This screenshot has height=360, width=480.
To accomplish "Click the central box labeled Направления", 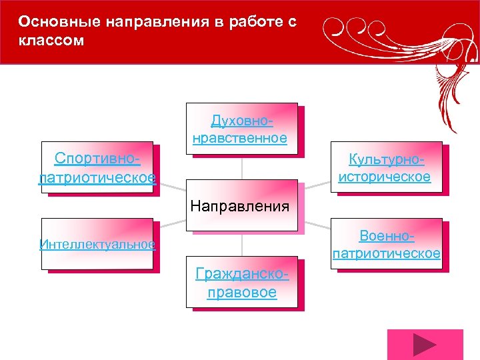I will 240,206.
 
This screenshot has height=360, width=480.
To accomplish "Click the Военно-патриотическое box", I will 386,244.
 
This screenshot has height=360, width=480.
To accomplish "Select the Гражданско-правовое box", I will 241,283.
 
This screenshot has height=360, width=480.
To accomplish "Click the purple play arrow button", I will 424,345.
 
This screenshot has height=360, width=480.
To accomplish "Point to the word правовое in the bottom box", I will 241,293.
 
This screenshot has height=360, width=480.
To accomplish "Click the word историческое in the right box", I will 385,177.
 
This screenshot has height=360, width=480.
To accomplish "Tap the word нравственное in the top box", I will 240,138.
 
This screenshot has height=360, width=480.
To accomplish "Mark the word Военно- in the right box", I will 387,236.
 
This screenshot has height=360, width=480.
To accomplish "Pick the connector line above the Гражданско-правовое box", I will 242,245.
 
